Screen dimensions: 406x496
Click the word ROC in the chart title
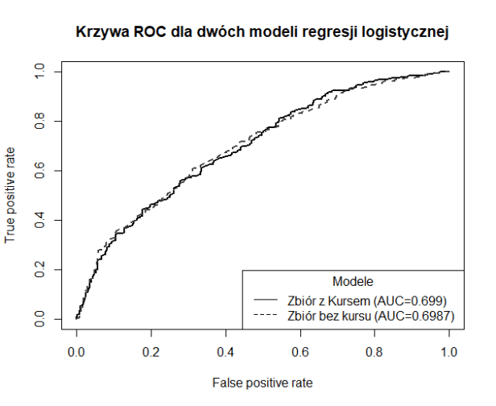[x=152, y=35]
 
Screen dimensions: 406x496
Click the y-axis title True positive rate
[x=11, y=195]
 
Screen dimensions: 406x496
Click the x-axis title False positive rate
[x=262, y=381]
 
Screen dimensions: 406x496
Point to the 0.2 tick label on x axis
[x=151, y=353]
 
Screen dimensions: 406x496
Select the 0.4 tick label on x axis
[x=225, y=353]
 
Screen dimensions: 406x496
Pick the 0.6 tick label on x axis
[x=300, y=353]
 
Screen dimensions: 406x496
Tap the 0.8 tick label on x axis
[x=374, y=353]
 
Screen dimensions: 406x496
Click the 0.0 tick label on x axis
[x=76, y=353]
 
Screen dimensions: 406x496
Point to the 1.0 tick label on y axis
[x=39, y=72]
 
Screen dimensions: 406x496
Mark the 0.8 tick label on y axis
[x=39, y=122]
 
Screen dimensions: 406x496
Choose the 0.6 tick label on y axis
[x=39, y=171]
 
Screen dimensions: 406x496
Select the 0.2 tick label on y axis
[x=39, y=270]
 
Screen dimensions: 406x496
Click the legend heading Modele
[x=352, y=282]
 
